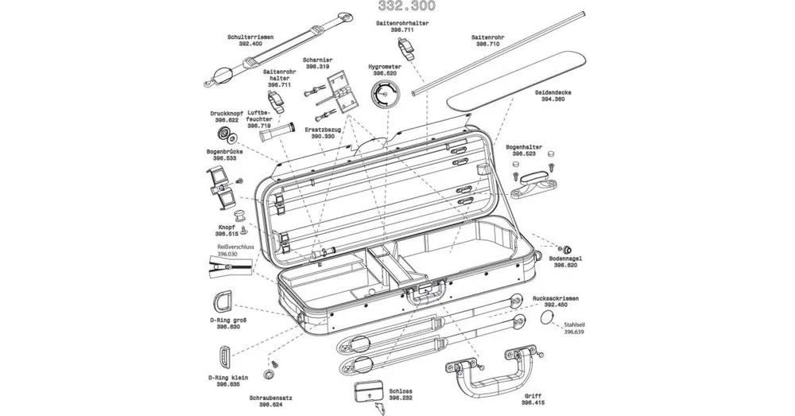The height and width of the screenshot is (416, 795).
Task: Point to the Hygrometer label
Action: (383, 67)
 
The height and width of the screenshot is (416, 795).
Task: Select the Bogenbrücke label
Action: (223, 150)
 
